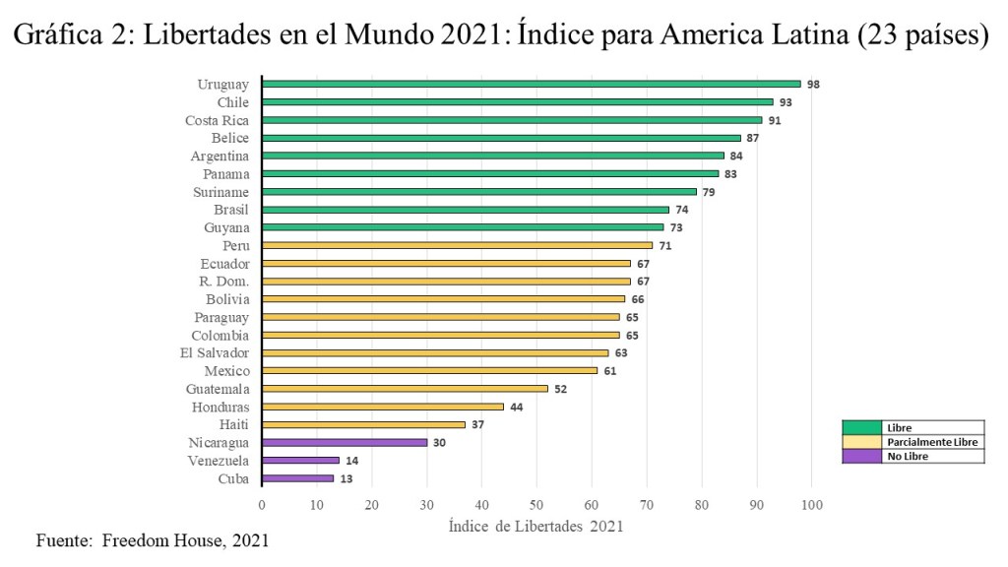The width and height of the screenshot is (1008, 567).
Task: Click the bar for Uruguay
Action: (x=532, y=85)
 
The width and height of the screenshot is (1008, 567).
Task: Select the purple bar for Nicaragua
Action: (x=345, y=443)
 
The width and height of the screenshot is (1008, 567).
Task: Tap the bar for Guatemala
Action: (x=405, y=389)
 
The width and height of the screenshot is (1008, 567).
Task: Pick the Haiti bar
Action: (x=363, y=424)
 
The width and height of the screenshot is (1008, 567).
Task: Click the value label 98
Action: (x=813, y=85)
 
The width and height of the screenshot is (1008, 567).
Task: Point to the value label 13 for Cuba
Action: (x=346, y=479)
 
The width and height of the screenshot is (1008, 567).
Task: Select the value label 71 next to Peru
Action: (x=665, y=245)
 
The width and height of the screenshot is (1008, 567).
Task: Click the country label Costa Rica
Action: (x=217, y=120)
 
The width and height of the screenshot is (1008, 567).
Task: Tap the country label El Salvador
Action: (x=215, y=352)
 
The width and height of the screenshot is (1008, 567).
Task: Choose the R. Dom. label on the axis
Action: (x=224, y=282)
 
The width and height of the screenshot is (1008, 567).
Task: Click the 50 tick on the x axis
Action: (x=536, y=505)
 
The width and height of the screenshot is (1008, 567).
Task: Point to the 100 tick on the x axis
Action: (x=811, y=505)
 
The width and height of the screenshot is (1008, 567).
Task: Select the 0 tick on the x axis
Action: (x=262, y=505)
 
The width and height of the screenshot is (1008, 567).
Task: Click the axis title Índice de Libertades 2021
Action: (x=535, y=526)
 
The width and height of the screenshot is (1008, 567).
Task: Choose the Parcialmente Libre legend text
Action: (x=930, y=442)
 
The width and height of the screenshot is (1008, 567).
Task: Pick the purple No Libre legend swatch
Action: (x=861, y=456)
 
